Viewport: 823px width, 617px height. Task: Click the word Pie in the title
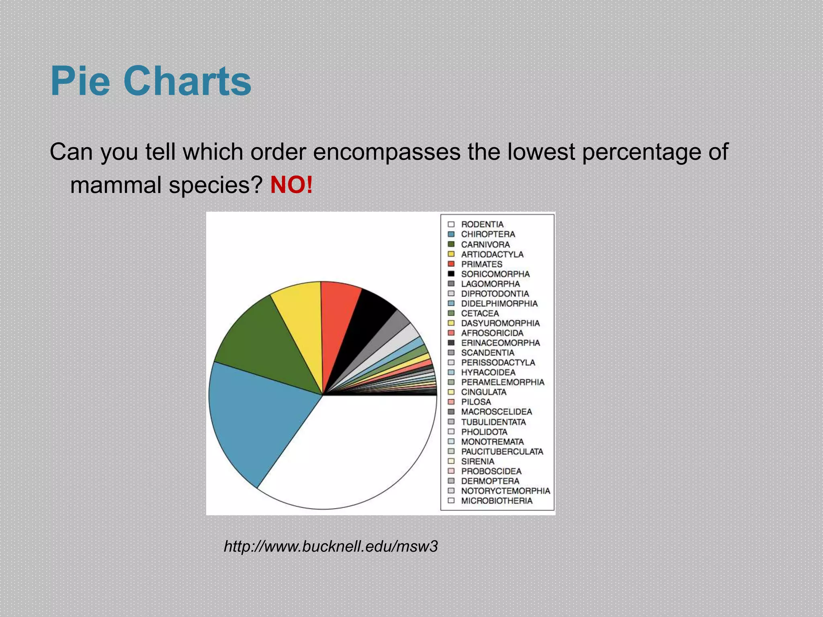(80, 82)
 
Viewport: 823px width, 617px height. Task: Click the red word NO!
(291, 185)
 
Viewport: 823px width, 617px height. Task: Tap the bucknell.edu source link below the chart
(330, 546)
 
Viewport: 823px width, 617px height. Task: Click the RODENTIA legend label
(482, 224)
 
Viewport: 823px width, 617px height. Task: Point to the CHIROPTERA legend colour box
(451, 234)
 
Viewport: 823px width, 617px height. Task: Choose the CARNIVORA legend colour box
(451, 244)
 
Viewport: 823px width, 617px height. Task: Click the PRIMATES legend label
(481, 264)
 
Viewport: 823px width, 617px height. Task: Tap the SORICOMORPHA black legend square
(451, 274)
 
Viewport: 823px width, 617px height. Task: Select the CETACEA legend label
(480, 313)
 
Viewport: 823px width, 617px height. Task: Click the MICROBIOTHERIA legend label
(497, 501)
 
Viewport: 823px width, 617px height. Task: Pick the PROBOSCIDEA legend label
(491, 471)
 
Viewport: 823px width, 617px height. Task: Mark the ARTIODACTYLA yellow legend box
(451, 254)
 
